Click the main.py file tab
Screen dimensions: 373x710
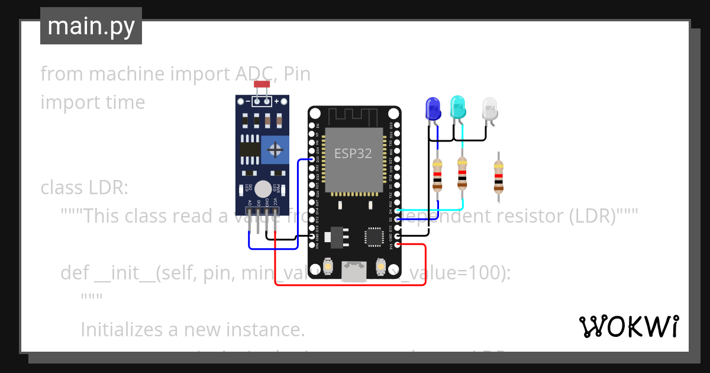coord(91,26)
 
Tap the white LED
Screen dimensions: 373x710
coord(490,109)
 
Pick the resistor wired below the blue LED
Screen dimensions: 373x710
coord(437,175)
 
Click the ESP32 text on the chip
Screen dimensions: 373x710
coord(353,153)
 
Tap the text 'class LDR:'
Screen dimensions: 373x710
coord(84,188)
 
